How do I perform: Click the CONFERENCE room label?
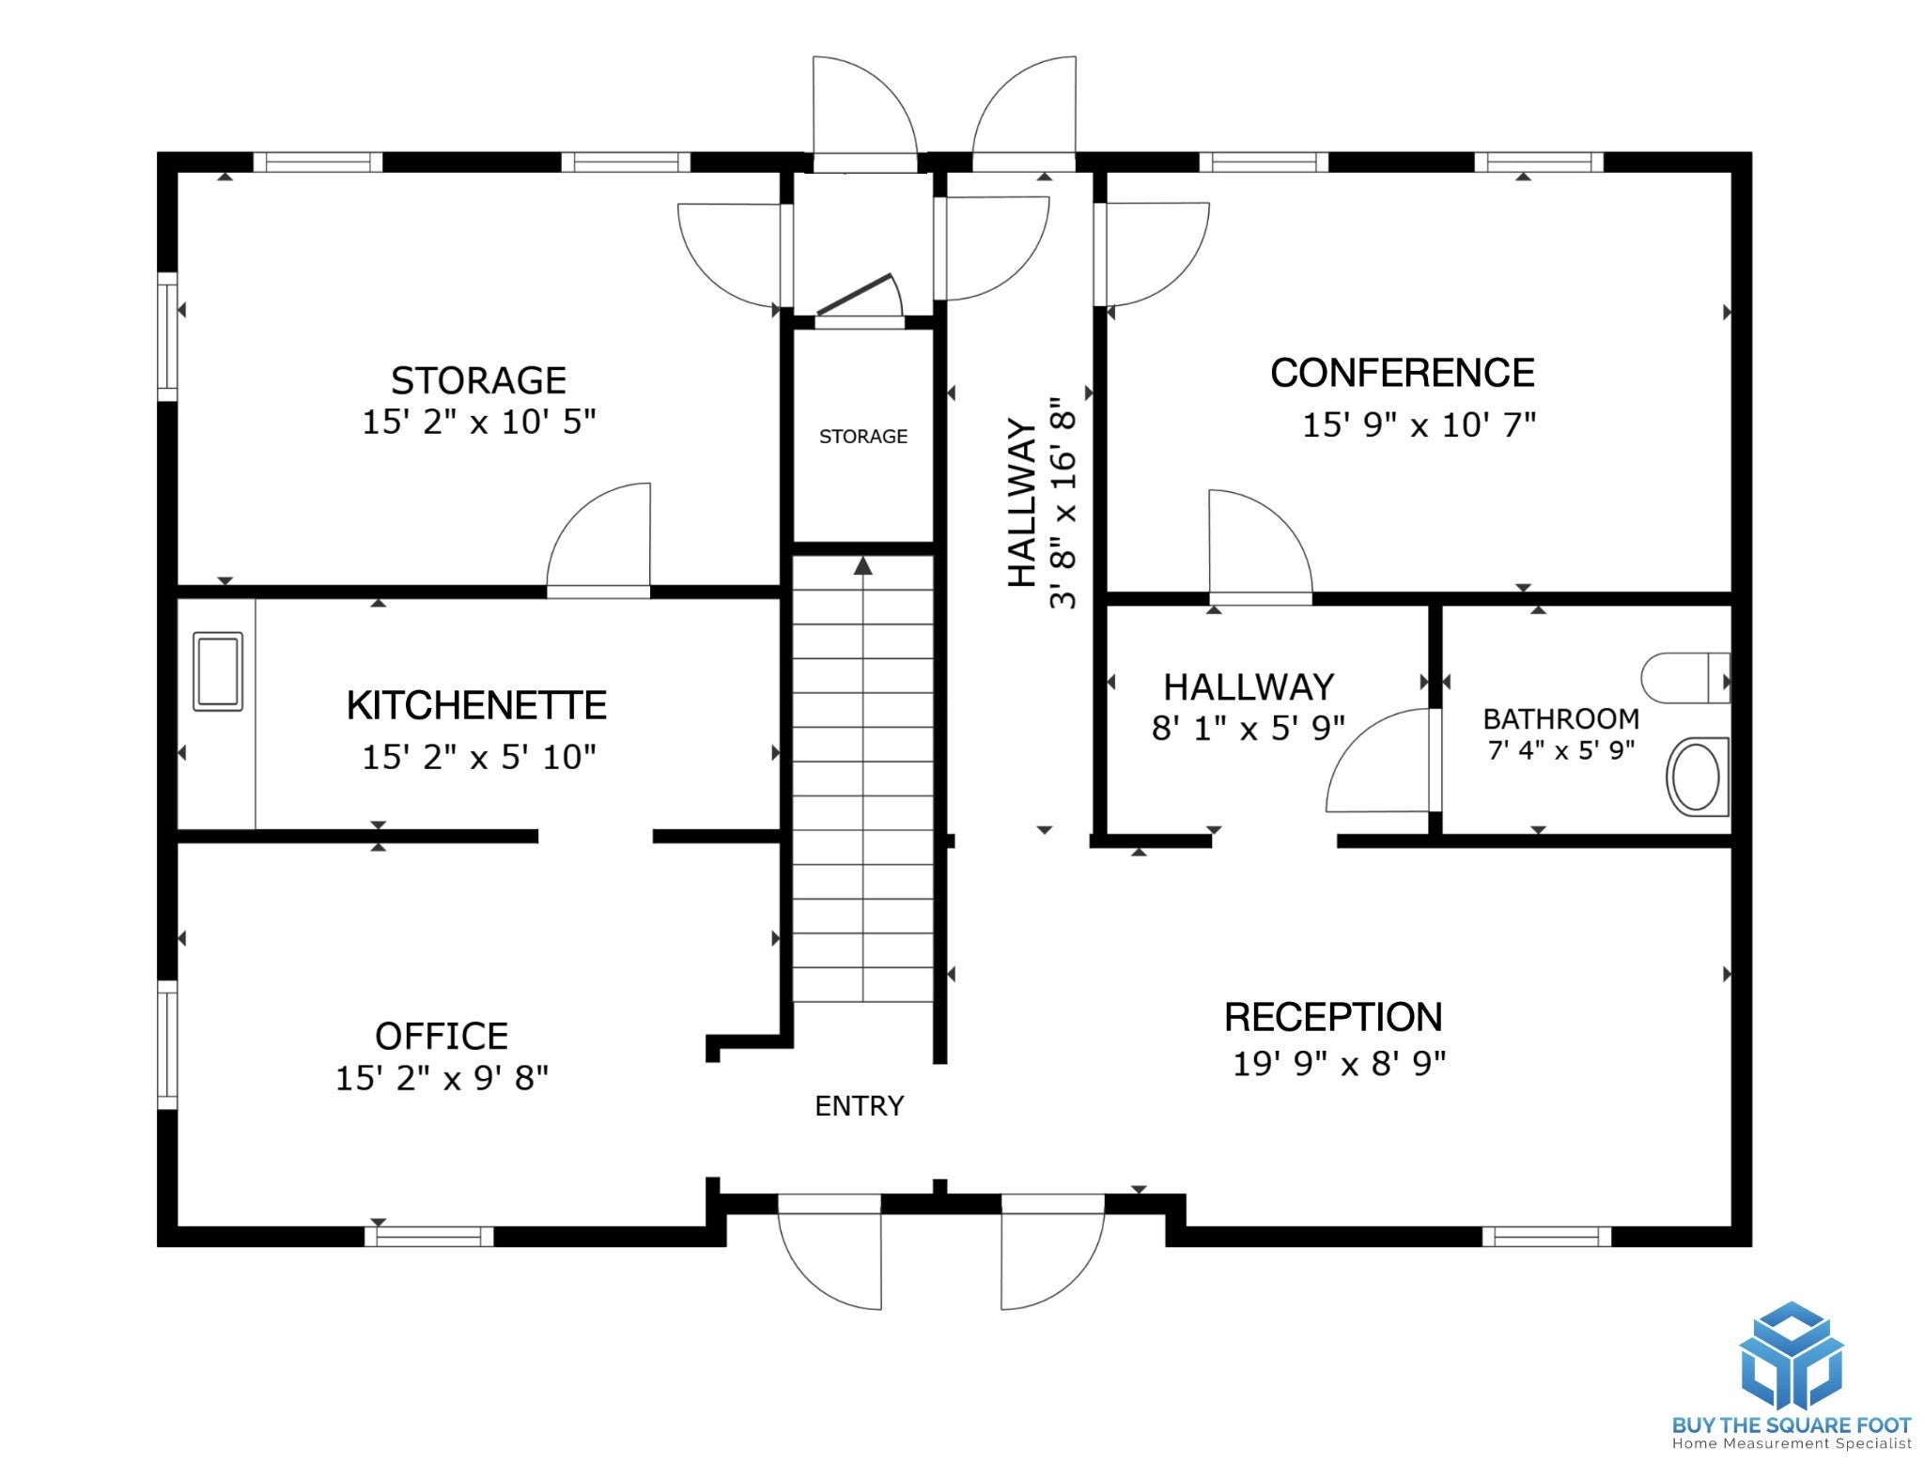[1402, 373]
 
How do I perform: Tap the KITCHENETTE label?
[476, 705]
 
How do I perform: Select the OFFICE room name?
[442, 1036]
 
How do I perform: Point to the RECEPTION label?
[1333, 1017]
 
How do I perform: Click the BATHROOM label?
[1560, 718]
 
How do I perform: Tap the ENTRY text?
[859, 1106]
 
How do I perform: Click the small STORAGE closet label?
[863, 437]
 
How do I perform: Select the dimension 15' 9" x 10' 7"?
[1419, 425]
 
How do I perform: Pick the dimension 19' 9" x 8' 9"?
[1339, 1064]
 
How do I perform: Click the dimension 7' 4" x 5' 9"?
[1561, 750]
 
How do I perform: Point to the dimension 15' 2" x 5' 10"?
[479, 757]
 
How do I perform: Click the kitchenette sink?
[218, 671]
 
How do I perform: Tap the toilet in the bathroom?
[1685, 678]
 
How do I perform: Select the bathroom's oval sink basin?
[1697, 777]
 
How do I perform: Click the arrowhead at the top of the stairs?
[863, 565]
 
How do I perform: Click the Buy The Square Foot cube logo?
[1792, 1356]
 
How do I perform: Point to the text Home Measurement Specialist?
[1792, 1444]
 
